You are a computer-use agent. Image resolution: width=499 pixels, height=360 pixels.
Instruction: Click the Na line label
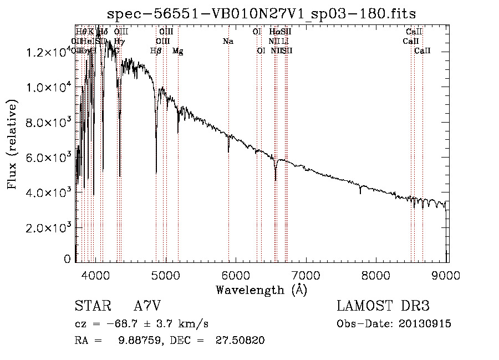[228, 42]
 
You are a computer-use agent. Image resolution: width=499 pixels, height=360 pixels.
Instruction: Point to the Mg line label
[178, 51]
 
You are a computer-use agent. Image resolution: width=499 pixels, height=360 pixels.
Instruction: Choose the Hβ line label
[156, 51]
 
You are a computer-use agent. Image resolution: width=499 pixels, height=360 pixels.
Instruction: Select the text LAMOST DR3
[383, 306]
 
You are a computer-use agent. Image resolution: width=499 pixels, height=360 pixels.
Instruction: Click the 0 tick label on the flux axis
[68, 259]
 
